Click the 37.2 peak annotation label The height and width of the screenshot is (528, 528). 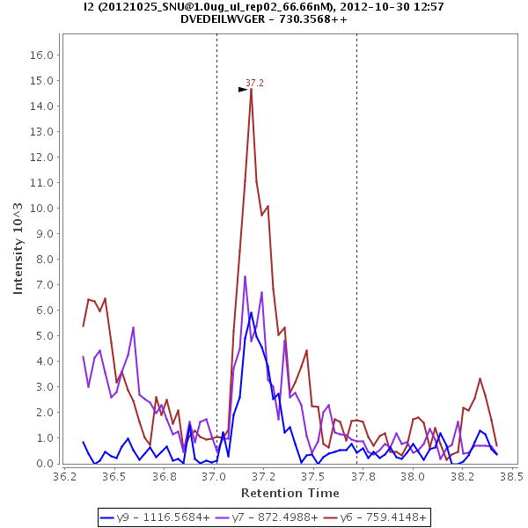click(254, 83)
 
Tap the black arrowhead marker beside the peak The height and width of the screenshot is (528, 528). click(243, 89)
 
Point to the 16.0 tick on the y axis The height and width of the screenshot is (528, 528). click(44, 55)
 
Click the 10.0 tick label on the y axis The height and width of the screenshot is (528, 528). click(44, 208)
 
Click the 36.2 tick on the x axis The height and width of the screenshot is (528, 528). click(63, 476)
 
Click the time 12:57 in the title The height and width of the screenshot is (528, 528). click(427, 6)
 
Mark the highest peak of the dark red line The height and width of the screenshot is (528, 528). click(251, 88)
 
